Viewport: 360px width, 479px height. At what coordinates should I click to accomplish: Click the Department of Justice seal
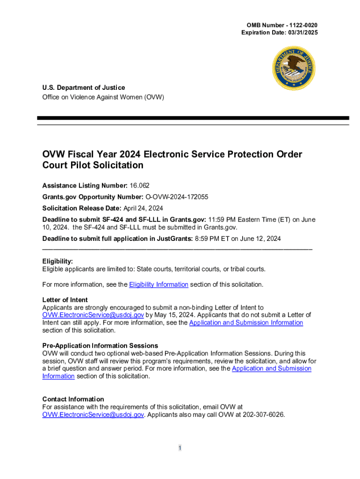point(294,69)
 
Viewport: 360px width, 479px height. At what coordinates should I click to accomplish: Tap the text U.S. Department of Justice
point(84,87)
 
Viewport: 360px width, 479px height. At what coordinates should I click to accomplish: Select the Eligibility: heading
point(58,261)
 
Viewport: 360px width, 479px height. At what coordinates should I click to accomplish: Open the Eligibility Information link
point(158,284)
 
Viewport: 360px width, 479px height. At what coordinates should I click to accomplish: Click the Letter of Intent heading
point(65,300)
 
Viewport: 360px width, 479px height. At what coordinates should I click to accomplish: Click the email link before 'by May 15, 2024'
point(93,315)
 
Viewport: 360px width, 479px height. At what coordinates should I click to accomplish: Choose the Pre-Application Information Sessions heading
point(100,346)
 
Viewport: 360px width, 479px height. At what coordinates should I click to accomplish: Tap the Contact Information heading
point(73,399)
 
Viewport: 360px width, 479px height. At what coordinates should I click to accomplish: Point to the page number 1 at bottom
point(180,448)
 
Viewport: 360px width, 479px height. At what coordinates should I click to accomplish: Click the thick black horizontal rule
point(193,118)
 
